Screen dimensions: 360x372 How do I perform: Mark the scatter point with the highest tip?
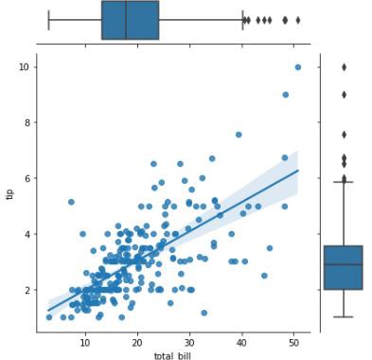[298, 66]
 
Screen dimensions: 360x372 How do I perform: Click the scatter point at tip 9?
[286, 95]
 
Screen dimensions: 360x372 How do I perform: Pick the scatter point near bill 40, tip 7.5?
[239, 135]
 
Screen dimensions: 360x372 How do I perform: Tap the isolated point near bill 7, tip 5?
[71, 202]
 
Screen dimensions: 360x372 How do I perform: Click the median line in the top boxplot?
[126, 20]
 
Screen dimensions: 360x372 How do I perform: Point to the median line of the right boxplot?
[343, 264]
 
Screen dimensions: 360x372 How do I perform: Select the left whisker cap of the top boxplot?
[49, 20]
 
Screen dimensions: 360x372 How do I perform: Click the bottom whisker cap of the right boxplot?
[343, 316]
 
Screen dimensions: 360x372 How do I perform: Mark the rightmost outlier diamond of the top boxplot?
[298, 20]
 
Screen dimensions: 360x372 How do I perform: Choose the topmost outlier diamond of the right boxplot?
[344, 66]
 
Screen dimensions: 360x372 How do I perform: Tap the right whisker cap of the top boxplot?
[242, 20]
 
